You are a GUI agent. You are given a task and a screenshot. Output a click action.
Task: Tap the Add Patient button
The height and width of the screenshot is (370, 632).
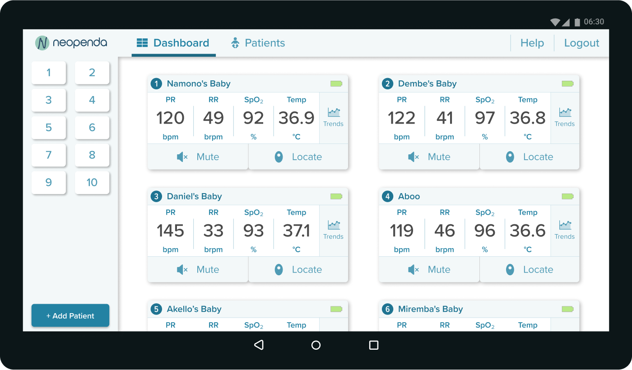tap(70, 316)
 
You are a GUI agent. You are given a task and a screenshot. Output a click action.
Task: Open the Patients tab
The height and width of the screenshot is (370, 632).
tap(258, 43)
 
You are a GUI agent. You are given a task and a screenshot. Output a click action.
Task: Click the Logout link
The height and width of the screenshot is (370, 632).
tap(581, 43)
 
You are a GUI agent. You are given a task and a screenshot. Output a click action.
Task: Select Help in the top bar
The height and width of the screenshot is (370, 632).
tap(532, 43)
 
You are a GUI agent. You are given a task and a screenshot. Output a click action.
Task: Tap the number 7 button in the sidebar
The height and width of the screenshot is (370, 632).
tap(49, 155)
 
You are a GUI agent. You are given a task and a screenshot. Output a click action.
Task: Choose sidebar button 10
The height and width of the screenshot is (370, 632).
tap(92, 183)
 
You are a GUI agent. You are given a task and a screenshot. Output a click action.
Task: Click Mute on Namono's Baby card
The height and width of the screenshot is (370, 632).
tap(198, 157)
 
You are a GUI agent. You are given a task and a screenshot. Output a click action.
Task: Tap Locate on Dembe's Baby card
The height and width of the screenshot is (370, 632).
tap(529, 157)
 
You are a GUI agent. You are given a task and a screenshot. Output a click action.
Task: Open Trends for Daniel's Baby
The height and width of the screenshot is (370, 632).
tap(333, 230)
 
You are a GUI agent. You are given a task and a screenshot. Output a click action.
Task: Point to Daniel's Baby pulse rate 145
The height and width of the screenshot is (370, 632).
tap(171, 231)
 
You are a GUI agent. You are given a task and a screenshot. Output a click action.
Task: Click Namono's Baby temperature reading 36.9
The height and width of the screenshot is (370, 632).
tap(296, 118)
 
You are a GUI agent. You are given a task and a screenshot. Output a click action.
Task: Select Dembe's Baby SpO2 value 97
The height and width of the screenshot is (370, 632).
tap(485, 118)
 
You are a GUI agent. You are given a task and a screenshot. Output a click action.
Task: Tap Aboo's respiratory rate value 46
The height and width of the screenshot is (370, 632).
tap(445, 231)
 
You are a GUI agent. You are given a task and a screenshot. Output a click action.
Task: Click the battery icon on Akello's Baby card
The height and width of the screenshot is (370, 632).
tap(336, 309)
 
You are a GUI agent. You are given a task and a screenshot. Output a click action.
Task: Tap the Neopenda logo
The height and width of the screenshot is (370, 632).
tap(71, 43)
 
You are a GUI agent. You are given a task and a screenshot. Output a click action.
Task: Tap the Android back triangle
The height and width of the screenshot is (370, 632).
tap(258, 345)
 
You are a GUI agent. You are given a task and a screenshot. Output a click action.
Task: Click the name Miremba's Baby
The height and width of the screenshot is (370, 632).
tap(430, 309)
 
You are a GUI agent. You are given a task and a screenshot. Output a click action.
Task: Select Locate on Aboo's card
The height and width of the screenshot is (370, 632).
tap(529, 270)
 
